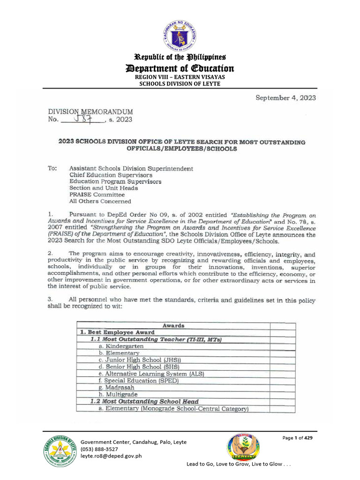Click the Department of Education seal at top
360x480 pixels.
coord(180,34)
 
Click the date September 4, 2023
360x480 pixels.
coord(285,98)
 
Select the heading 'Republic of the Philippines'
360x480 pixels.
coord(180,57)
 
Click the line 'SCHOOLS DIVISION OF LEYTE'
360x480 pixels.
coord(180,83)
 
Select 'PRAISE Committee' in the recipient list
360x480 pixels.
coord(97,195)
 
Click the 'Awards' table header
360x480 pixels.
coord(173,325)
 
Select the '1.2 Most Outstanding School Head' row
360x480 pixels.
coord(144,402)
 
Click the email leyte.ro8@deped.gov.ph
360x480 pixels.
coord(112,456)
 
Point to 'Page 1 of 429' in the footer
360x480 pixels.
coord(297,438)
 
